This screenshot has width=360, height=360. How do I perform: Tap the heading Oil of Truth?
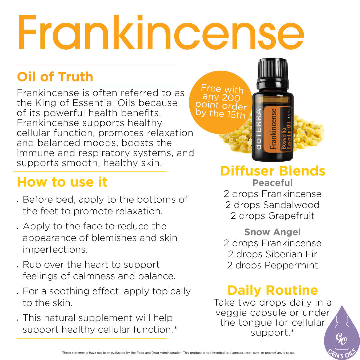point(55,77)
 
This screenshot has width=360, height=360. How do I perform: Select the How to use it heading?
point(62,182)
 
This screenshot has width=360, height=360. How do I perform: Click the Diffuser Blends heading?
point(273,171)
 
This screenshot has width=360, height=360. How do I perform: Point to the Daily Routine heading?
point(273,290)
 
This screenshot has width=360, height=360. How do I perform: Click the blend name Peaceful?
point(273,183)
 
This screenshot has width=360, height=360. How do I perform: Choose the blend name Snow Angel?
point(273,232)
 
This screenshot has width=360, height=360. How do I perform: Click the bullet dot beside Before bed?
point(17,202)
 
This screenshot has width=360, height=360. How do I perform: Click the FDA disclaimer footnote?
point(178,352)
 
